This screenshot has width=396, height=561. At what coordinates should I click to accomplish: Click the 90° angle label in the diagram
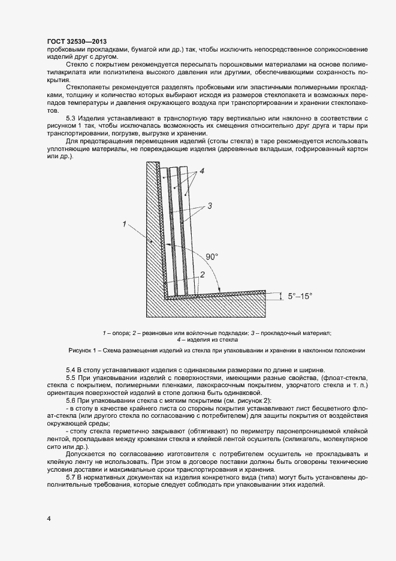point(212,257)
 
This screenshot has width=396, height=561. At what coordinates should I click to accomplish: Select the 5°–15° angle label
point(300,296)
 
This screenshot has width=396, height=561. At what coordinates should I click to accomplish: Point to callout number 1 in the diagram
point(124,224)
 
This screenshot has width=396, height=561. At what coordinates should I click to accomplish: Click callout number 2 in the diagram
point(202,274)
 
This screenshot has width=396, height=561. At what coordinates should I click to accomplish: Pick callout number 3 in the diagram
point(210,206)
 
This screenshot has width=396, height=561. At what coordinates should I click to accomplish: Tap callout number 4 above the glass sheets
point(202,171)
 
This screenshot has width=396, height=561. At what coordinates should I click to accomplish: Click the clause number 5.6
point(72,400)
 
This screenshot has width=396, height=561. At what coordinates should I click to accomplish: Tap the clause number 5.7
point(72,476)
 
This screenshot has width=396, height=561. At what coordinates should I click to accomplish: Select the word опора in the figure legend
point(118,333)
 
